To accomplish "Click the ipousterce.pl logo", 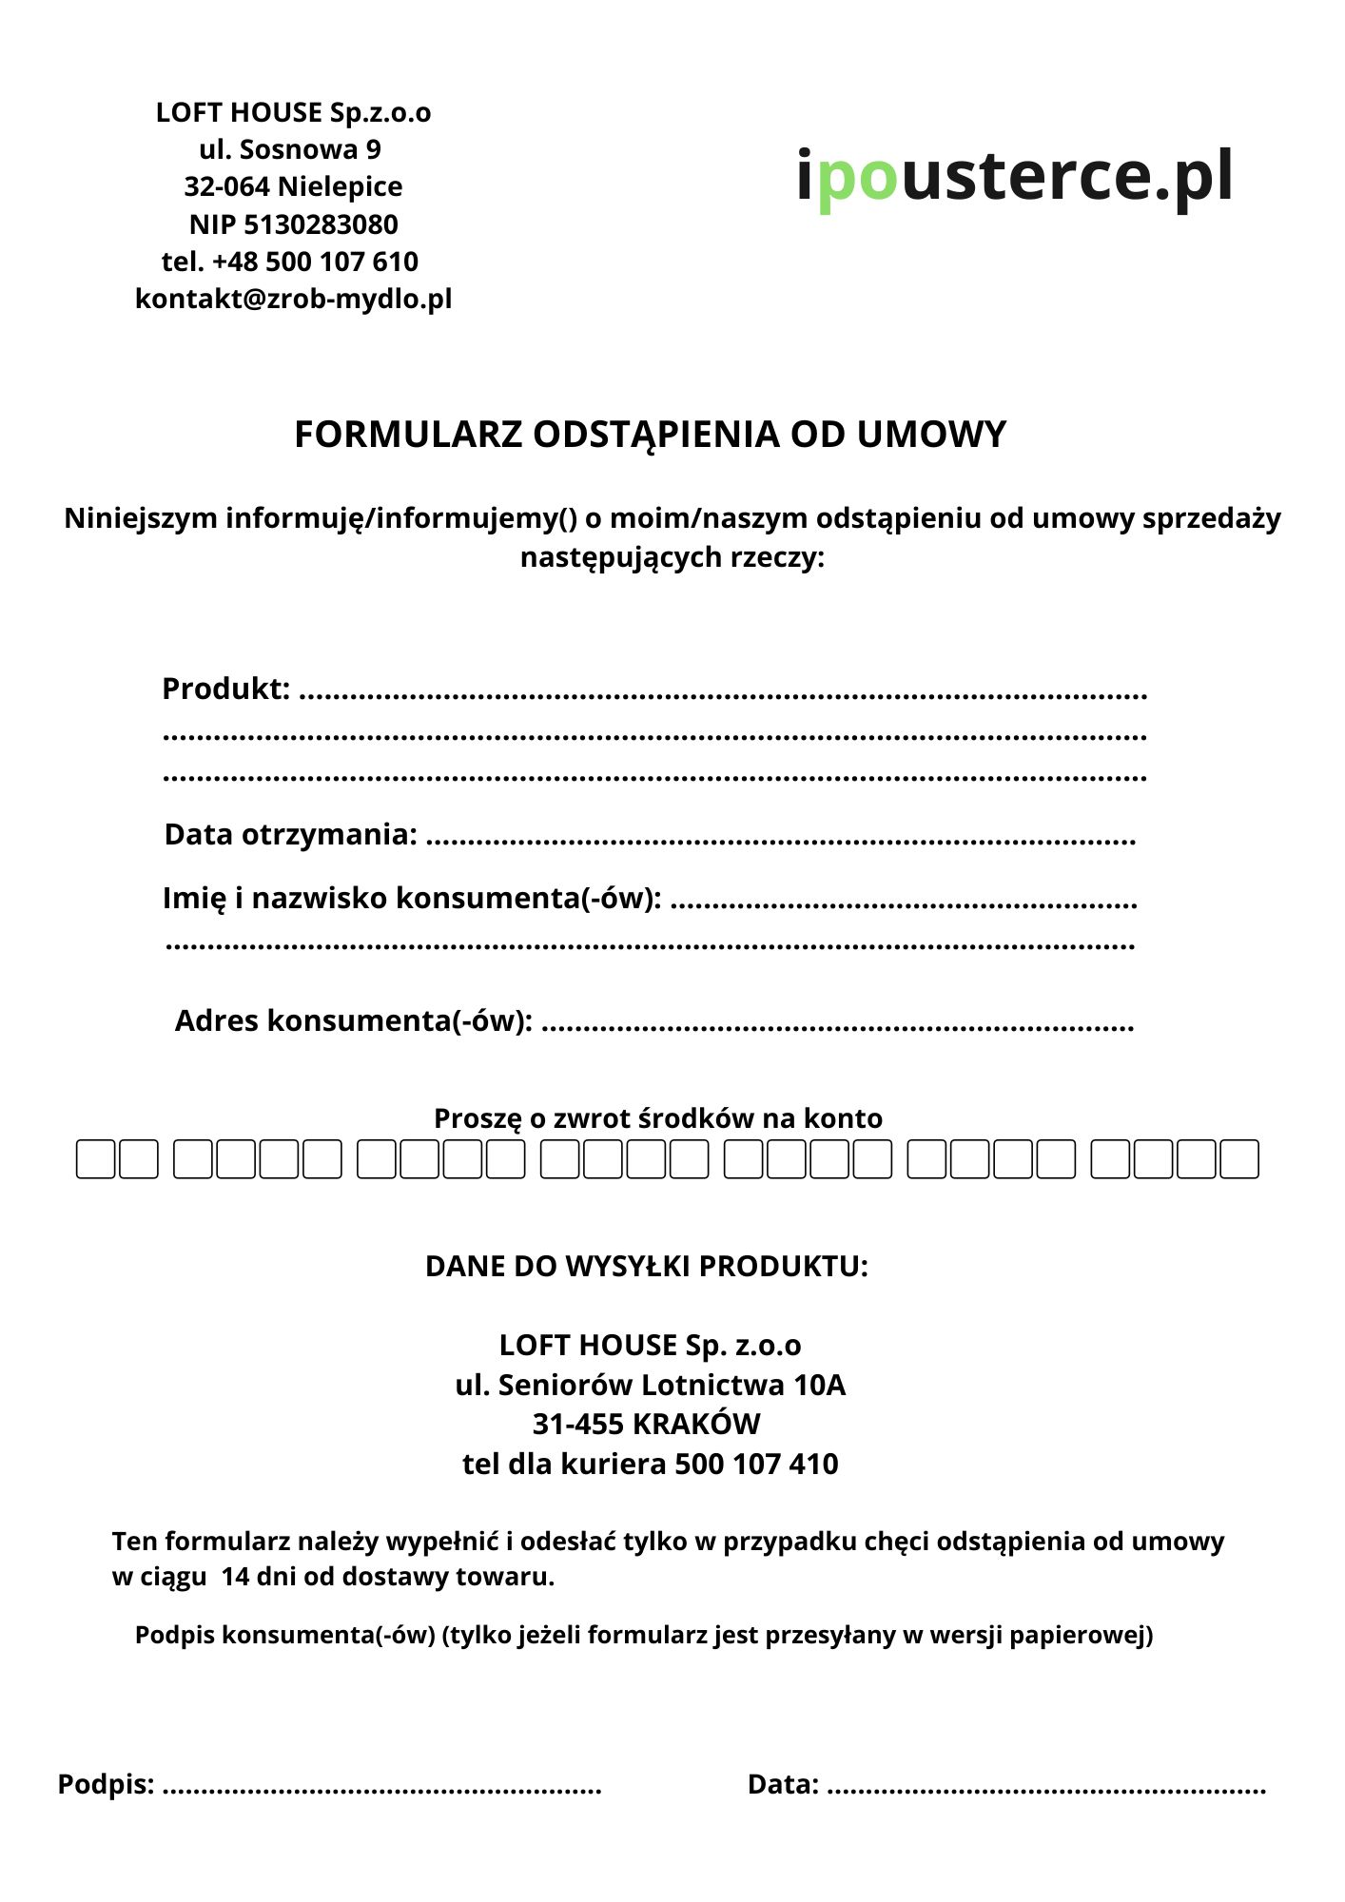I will point(1014,177).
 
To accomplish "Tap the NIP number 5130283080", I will point(321,224).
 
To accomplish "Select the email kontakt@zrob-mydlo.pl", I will point(293,299).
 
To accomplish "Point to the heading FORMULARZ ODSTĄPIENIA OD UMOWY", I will point(650,435).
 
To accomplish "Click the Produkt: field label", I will point(225,689).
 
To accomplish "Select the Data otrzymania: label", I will point(290,834).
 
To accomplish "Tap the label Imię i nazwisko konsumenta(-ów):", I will point(412,898).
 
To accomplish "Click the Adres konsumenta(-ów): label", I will point(353,1020).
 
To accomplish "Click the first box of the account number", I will point(95,1159).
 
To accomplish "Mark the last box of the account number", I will point(1239,1159).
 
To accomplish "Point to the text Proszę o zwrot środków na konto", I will point(658,1118).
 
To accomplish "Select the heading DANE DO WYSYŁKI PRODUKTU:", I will point(647,1267).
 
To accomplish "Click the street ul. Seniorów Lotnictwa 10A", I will point(650,1385).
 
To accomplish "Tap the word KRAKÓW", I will point(696,1424).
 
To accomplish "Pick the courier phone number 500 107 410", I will point(756,1464).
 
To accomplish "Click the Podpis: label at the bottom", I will point(106,1784).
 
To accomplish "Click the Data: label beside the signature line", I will point(783,1784).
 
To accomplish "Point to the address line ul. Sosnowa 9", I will point(290,149).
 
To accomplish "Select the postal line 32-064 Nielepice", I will point(293,186).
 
